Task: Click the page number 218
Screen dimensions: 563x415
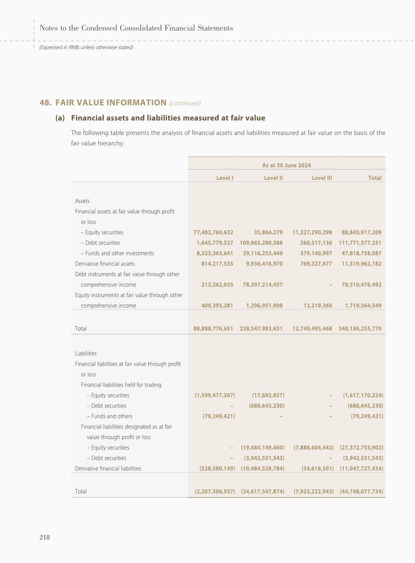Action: click(x=45, y=537)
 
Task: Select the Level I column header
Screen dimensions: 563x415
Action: click(x=225, y=178)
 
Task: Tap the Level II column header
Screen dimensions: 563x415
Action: click(x=273, y=178)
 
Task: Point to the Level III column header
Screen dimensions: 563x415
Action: click(x=322, y=178)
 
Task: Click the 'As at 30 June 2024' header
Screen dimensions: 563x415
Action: click(x=286, y=165)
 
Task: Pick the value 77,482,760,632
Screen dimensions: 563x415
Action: click(x=213, y=232)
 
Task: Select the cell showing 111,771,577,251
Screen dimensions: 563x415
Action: click(x=360, y=243)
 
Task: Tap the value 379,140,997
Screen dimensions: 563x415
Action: click(x=316, y=253)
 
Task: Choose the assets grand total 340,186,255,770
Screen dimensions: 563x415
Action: click(x=360, y=328)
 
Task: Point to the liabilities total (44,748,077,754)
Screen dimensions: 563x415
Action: click(x=361, y=491)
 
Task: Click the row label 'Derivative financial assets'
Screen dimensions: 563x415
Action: click(x=105, y=264)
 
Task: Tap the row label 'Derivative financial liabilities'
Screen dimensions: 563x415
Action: click(x=108, y=468)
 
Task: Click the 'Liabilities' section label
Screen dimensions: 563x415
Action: click(x=86, y=353)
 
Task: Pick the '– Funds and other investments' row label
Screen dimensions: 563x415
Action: click(x=118, y=253)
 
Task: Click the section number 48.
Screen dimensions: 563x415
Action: click(x=46, y=102)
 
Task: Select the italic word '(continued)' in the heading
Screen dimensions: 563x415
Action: click(x=185, y=103)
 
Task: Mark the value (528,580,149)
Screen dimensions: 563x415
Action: click(x=217, y=468)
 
